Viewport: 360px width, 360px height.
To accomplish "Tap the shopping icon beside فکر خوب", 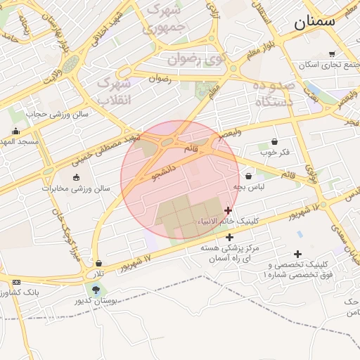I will coord(274,141).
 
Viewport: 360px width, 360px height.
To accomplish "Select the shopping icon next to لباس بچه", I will coord(249,176).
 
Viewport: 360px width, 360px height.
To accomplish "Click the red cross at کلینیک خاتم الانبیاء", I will coord(228,210).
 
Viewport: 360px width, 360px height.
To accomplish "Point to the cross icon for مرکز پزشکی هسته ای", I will coord(229,237).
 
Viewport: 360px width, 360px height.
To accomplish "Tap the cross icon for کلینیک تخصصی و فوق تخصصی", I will coord(297,254).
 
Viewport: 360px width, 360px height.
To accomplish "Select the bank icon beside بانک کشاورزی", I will coord(16,282).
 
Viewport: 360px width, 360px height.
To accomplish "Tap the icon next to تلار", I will coord(98,263).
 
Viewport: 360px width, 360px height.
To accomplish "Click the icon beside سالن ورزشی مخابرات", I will coord(77,176).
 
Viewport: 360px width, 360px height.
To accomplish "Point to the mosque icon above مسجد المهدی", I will coord(16,131).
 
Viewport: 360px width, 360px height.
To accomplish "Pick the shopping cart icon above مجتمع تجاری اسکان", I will coord(332,54).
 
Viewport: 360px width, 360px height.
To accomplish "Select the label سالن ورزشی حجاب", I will coord(57,113).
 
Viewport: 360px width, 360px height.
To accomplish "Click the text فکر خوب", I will coord(274,152).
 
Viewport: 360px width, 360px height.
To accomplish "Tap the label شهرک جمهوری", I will coord(163,20).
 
